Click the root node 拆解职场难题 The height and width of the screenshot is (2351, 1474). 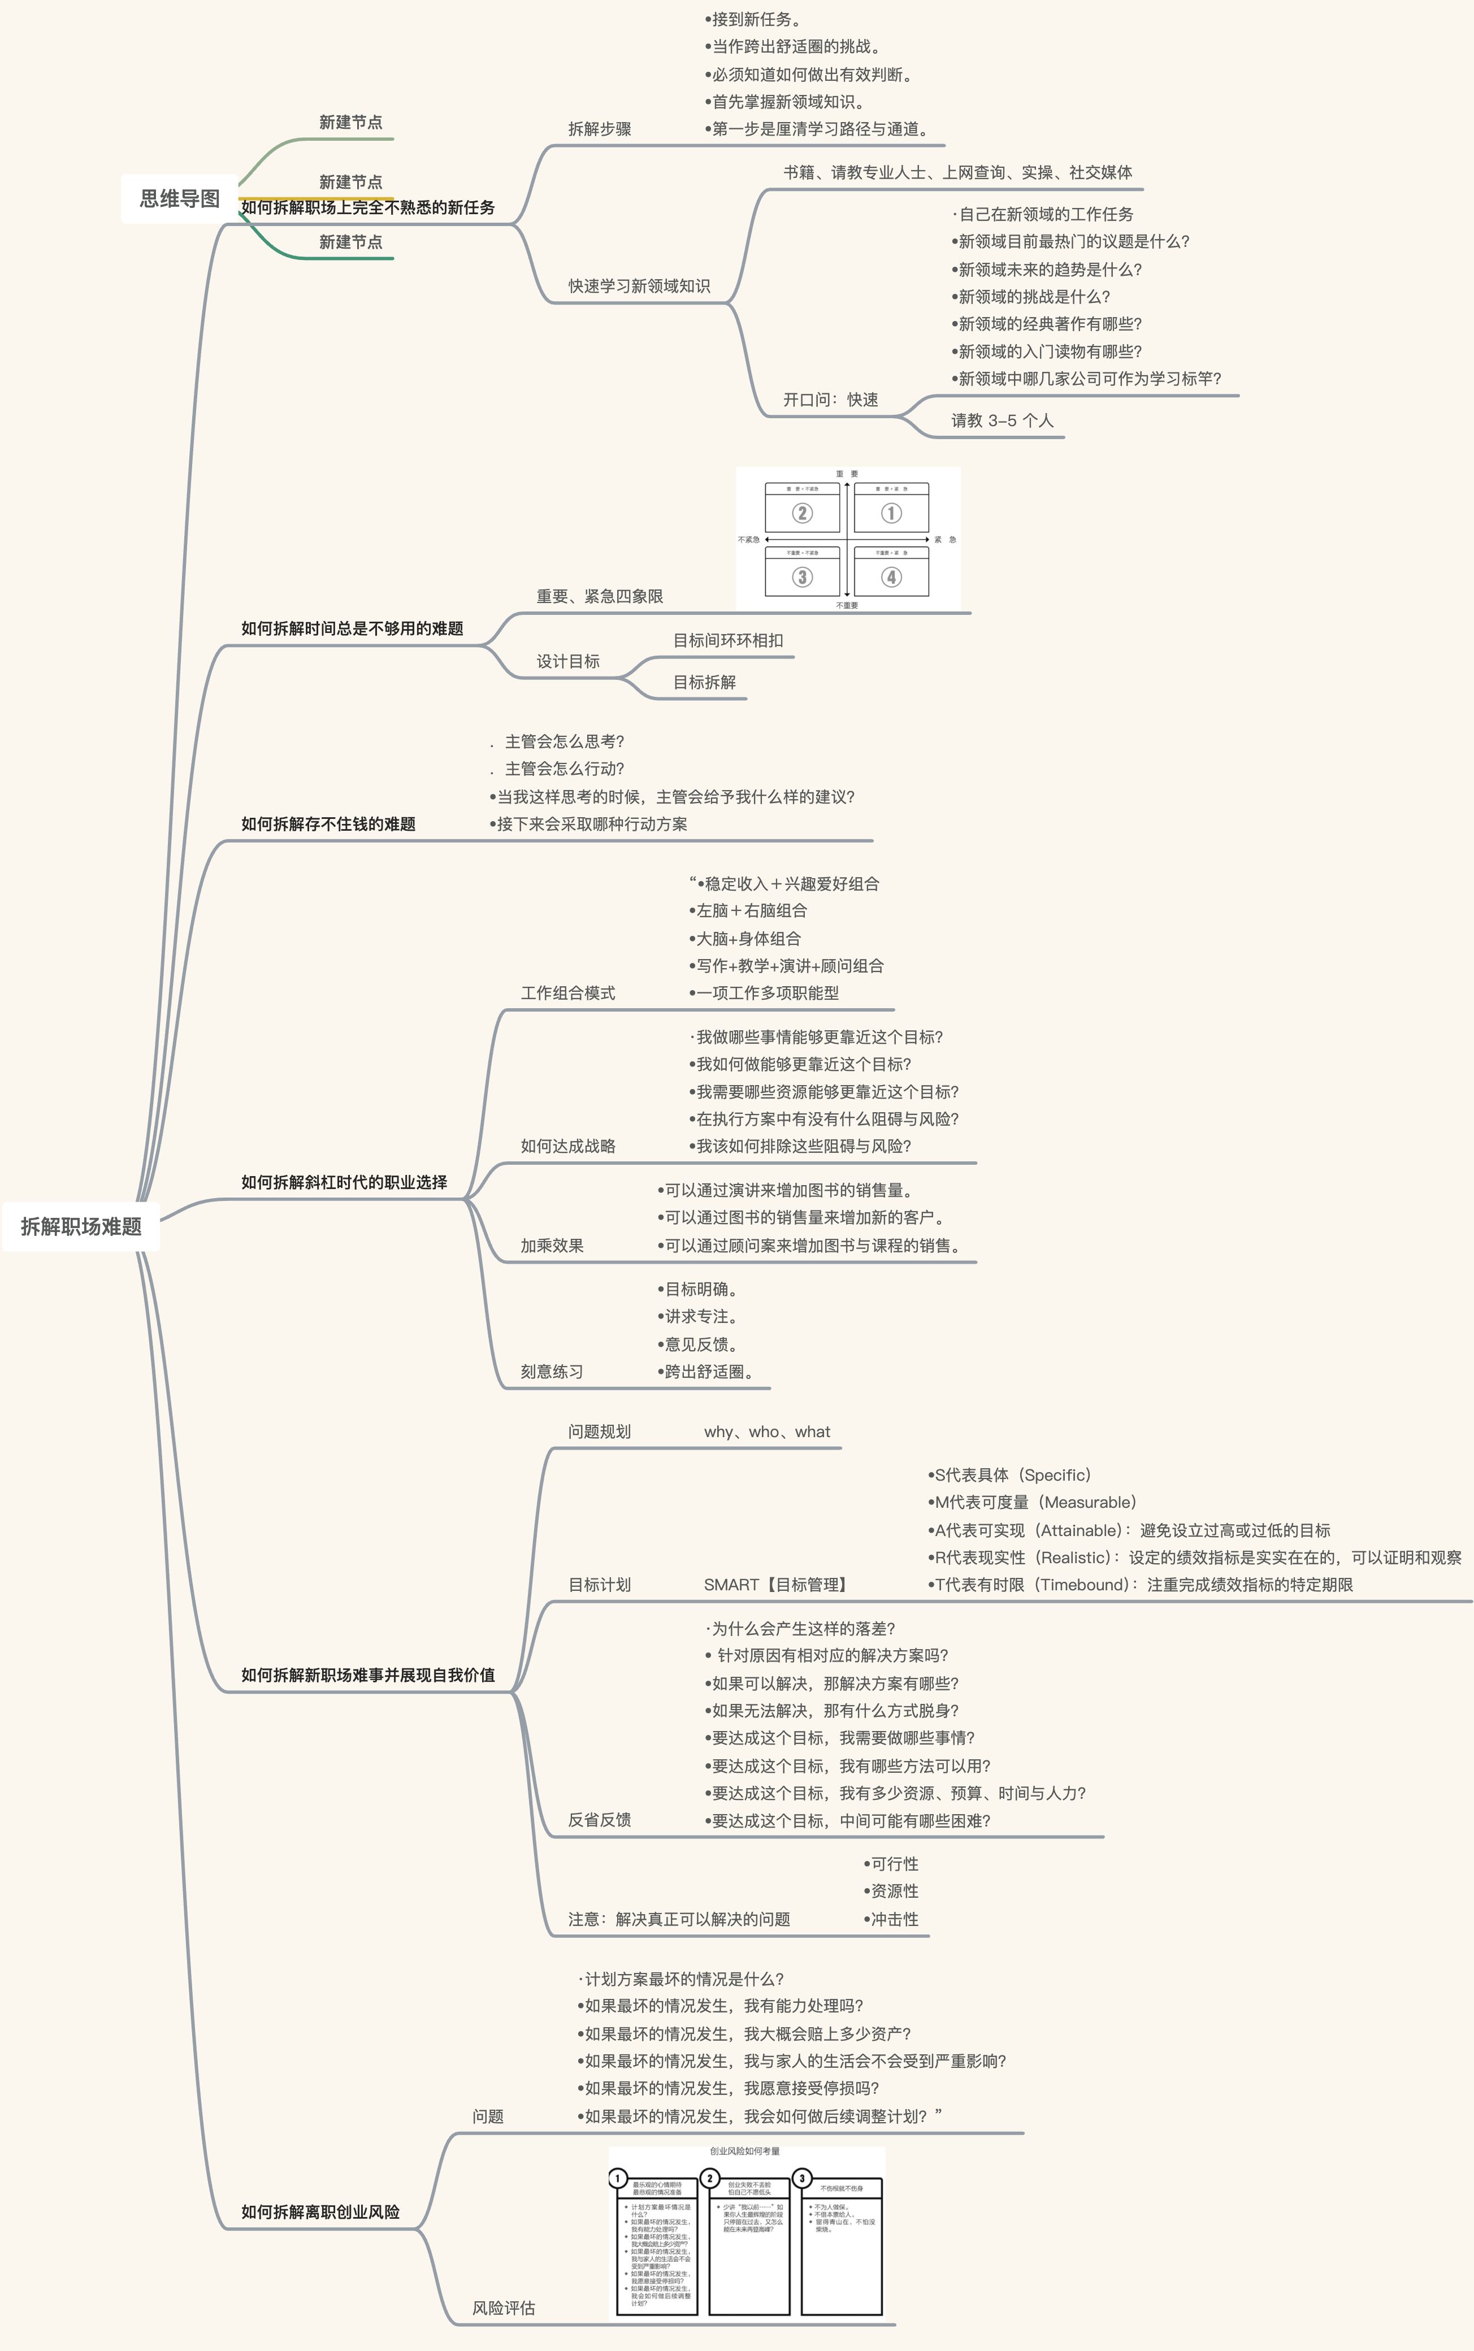(x=81, y=1226)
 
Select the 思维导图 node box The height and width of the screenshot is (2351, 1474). (x=179, y=199)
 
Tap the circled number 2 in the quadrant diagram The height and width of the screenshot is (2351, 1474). (x=801, y=513)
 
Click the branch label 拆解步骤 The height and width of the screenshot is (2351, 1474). (x=600, y=129)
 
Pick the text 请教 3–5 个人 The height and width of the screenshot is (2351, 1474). (x=1002, y=420)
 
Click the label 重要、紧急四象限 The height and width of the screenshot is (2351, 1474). (x=600, y=596)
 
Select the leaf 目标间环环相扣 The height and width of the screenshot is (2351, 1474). (x=727, y=640)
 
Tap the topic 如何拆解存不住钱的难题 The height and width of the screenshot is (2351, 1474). (x=328, y=823)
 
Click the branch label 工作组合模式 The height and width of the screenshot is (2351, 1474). (x=567, y=992)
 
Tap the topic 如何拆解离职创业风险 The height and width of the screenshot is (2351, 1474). (x=320, y=2211)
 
